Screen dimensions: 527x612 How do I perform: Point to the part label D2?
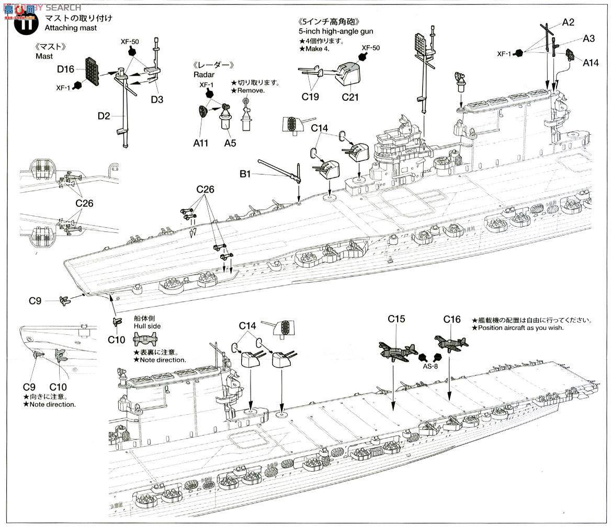pos(104,115)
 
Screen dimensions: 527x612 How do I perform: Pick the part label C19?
pos(311,97)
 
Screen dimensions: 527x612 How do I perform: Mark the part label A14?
pos(592,62)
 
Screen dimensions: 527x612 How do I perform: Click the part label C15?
pos(396,319)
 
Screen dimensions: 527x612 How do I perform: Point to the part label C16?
pos(452,319)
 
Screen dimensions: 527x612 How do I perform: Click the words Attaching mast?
pos(71,28)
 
